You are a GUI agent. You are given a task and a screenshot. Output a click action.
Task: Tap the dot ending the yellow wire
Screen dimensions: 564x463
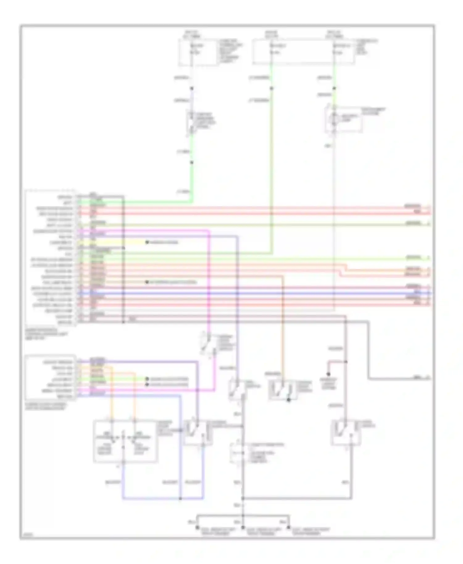pyautogui.click(x=147, y=242)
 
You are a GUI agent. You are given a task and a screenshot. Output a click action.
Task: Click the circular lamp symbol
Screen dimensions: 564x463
pyautogui.click(x=334, y=118)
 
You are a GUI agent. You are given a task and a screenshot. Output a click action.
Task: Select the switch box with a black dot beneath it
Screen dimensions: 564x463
pyautogui.click(x=283, y=389)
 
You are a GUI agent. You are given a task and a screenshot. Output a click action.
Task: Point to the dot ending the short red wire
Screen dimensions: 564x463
pyautogui.click(x=328, y=374)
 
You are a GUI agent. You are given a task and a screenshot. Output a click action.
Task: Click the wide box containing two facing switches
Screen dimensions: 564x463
pyautogui.click(x=125, y=441)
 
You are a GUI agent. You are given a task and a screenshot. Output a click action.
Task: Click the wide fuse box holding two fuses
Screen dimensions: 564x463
pyautogui.click(x=303, y=52)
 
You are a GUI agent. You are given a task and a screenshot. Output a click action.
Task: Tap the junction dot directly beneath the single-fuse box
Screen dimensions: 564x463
pyautogui.click(x=192, y=89)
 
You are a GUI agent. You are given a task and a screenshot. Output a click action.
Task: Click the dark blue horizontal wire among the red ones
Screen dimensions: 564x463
pyautogui.click(x=247, y=293)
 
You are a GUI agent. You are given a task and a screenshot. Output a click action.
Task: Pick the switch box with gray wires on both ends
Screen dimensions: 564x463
pyautogui.click(x=346, y=432)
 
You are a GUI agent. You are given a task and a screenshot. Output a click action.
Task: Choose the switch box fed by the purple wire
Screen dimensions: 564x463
pyautogui.click(x=198, y=432)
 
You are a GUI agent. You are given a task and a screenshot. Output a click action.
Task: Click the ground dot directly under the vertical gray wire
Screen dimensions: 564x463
pyautogui.click(x=243, y=528)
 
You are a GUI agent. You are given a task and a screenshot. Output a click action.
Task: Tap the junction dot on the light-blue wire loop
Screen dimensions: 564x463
pyautogui.click(x=180, y=498)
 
